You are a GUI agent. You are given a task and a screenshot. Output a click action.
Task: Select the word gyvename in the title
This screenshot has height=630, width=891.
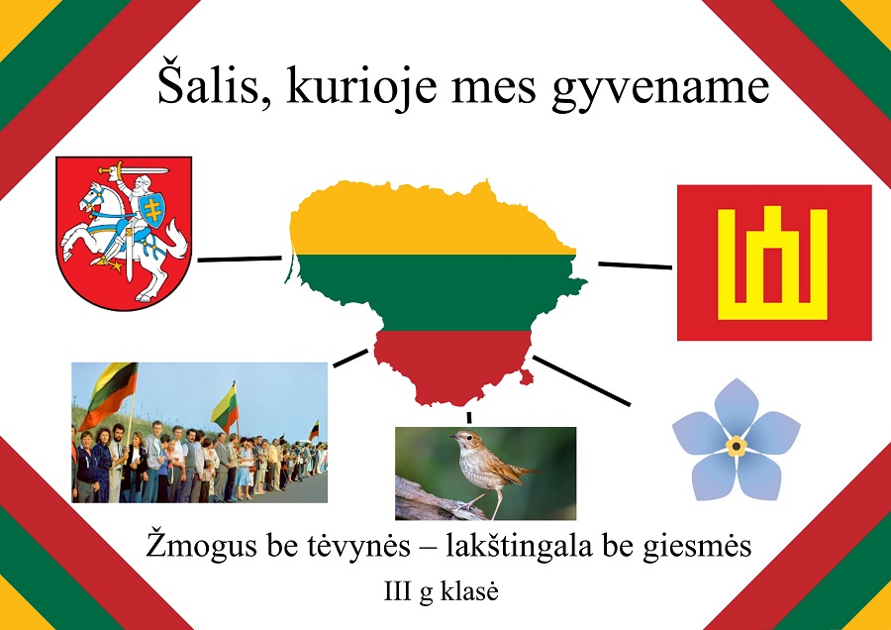pyautogui.click(x=661, y=91)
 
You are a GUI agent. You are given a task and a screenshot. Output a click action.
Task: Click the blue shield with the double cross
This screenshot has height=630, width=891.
pyautogui.click(x=151, y=210)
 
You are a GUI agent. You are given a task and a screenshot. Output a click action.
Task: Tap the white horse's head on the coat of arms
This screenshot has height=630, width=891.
pyautogui.click(x=91, y=198)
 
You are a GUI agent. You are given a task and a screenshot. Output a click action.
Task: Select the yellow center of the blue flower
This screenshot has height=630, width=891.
pyautogui.click(x=736, y=447)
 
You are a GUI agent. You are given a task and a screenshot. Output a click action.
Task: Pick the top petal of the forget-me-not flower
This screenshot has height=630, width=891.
pyautogui.click(x=736, y=407)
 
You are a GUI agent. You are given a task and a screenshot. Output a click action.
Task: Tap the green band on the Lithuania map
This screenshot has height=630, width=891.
pyautogui.click(x=438, y=292)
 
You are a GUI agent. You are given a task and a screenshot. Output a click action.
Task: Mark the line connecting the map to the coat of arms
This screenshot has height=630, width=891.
pyautogui.click(x=240, y=259)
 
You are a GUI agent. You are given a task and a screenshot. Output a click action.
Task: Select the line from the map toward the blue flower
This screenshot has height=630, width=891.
pyautogui.click(x=581, y=380)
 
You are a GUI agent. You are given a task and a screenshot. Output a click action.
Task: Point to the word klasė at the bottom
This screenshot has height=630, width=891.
pyautogui.click(x=469, y=592)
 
